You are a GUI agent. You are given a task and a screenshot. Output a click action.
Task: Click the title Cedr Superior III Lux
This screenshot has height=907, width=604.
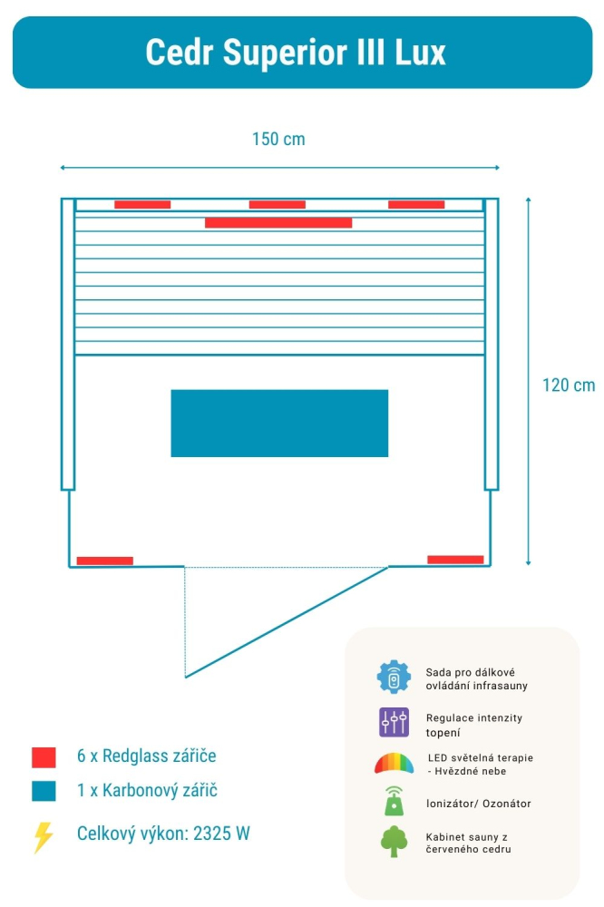click(296, 53)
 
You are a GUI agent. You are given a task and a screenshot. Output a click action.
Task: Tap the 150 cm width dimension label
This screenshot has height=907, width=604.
click(278, 139)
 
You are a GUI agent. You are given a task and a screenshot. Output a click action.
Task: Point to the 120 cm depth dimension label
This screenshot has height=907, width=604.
click(568, 385)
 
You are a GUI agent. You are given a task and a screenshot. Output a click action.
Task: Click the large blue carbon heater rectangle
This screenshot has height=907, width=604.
click(279, 423)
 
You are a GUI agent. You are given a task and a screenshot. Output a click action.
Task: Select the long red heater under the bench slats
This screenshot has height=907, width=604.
click(278, 223)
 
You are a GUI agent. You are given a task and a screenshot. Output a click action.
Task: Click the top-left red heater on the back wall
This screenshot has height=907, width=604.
click(142, 204)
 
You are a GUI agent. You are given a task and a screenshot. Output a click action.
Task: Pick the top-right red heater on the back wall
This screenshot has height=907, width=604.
click(416, 204)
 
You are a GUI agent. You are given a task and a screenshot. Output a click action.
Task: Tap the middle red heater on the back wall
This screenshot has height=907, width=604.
click(278, 204)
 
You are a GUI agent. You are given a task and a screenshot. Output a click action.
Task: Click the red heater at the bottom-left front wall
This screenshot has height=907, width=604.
click(104, 561)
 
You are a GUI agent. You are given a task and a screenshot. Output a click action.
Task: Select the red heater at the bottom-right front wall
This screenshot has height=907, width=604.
click(455, 560)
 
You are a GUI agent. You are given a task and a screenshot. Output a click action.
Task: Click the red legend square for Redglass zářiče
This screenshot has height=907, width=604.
click(44, 757)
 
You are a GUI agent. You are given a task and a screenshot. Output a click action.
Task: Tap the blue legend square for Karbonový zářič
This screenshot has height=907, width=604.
click(44, 791)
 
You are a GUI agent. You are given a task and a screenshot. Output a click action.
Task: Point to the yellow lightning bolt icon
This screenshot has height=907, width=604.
click(43, 837)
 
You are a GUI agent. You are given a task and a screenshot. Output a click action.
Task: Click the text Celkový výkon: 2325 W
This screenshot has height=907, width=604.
click(163, 834)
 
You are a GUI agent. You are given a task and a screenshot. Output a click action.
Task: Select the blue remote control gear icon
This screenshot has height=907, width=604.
click(394, 677)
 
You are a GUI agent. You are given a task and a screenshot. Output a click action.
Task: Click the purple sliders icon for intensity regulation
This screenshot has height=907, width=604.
click(394, 722)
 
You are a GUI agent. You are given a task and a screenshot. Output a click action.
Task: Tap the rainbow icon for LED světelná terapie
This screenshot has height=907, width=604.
click(394, 763)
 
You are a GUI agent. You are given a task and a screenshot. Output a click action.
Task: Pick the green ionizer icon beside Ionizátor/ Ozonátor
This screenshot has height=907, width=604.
click(394, 801)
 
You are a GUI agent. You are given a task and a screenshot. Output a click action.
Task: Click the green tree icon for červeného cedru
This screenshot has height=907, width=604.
click(394, 841)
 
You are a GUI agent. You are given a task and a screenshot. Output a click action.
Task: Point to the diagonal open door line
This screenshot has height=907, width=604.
click(287, 622)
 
